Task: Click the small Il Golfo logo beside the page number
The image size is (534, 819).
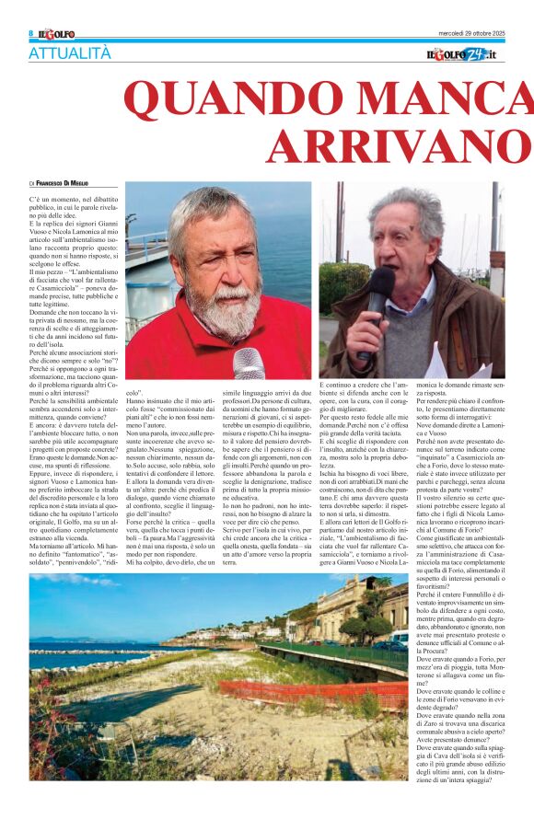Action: click(56, 34)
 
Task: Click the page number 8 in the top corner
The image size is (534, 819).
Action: click(30, 34)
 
